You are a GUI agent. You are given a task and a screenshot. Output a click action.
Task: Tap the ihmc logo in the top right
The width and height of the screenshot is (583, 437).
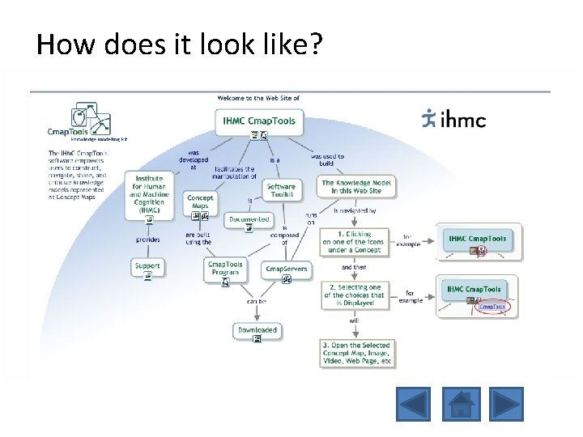[454, 119]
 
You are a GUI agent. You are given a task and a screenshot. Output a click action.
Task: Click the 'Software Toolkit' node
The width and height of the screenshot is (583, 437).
[281, 190]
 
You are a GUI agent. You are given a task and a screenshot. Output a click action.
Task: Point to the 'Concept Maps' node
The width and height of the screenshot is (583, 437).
[200, 202]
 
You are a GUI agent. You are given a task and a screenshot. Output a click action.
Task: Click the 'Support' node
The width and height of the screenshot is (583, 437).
[148, 266]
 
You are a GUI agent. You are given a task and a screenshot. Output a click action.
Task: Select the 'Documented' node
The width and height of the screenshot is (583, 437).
[249, 219]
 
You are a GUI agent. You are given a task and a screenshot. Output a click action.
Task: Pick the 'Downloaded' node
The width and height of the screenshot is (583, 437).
[257, 330]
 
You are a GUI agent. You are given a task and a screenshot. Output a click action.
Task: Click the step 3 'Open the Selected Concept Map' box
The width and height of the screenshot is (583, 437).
[356, 352]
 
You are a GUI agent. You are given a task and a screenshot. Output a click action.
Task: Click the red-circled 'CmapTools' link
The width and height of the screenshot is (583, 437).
[492, 306]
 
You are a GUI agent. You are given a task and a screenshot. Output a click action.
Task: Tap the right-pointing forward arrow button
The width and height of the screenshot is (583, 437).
[506, 404]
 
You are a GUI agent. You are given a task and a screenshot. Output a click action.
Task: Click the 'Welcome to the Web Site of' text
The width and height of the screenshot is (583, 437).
[258, 98]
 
